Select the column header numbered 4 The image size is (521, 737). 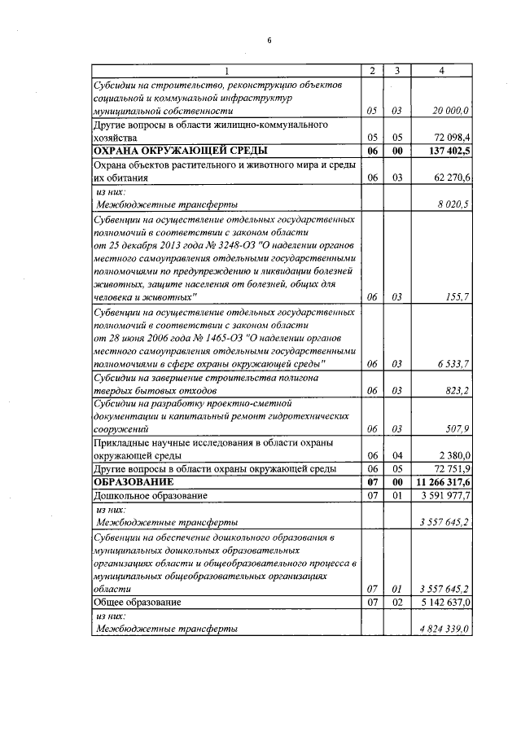point(440,71)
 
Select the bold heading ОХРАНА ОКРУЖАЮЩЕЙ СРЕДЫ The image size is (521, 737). point(181,151)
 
